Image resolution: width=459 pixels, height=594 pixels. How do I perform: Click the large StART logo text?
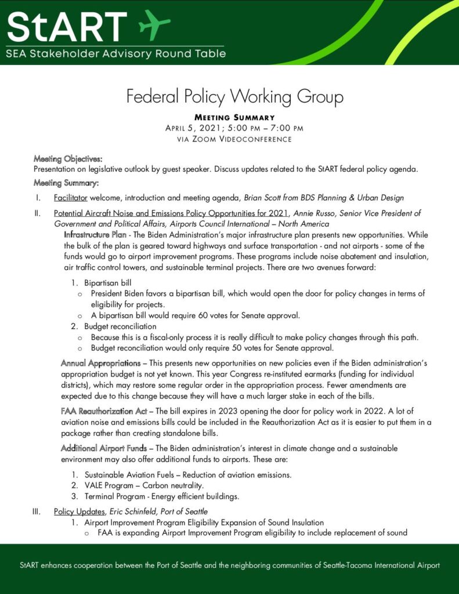[x=67, y=26]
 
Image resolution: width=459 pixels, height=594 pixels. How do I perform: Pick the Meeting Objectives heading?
[x=68, y=158]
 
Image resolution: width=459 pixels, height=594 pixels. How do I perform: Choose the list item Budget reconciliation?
[x=120, y=327]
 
